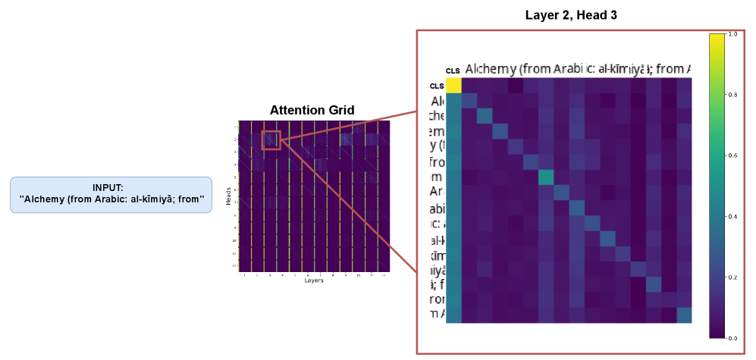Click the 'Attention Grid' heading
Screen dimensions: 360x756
312,111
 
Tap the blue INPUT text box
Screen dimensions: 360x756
111,195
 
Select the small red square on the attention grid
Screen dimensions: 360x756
271,139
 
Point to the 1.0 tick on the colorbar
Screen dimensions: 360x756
732,34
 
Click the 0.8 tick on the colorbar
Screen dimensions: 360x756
732,95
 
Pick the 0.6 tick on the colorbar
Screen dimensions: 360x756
732,156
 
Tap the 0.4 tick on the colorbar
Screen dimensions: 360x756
732,217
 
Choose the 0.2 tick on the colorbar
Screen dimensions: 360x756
732,278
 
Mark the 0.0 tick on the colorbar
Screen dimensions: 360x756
732,339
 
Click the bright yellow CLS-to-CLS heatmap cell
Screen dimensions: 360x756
453,86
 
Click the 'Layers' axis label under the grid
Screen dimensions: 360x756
314,280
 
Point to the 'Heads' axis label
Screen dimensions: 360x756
229,196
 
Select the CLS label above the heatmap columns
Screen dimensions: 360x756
453,70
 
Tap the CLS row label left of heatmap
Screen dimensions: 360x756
437,86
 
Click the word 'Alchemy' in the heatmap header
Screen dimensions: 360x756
490,69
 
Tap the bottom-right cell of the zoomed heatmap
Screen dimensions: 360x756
685,315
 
